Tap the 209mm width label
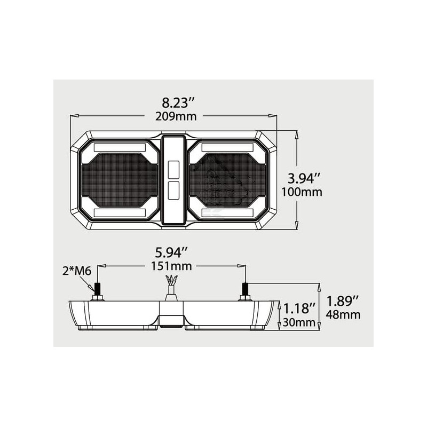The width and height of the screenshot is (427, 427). (x=176, y=116)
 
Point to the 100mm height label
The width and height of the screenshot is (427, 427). (x=302, y=192)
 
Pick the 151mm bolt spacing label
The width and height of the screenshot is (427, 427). (x=171, y=266)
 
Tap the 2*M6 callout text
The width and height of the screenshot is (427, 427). (x=76, y=271)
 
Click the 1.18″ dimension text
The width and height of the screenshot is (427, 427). (x=299, y=309)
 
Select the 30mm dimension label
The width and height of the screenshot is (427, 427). (x=299, y=322)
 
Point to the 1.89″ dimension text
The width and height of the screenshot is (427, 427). (x=343, y=301)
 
